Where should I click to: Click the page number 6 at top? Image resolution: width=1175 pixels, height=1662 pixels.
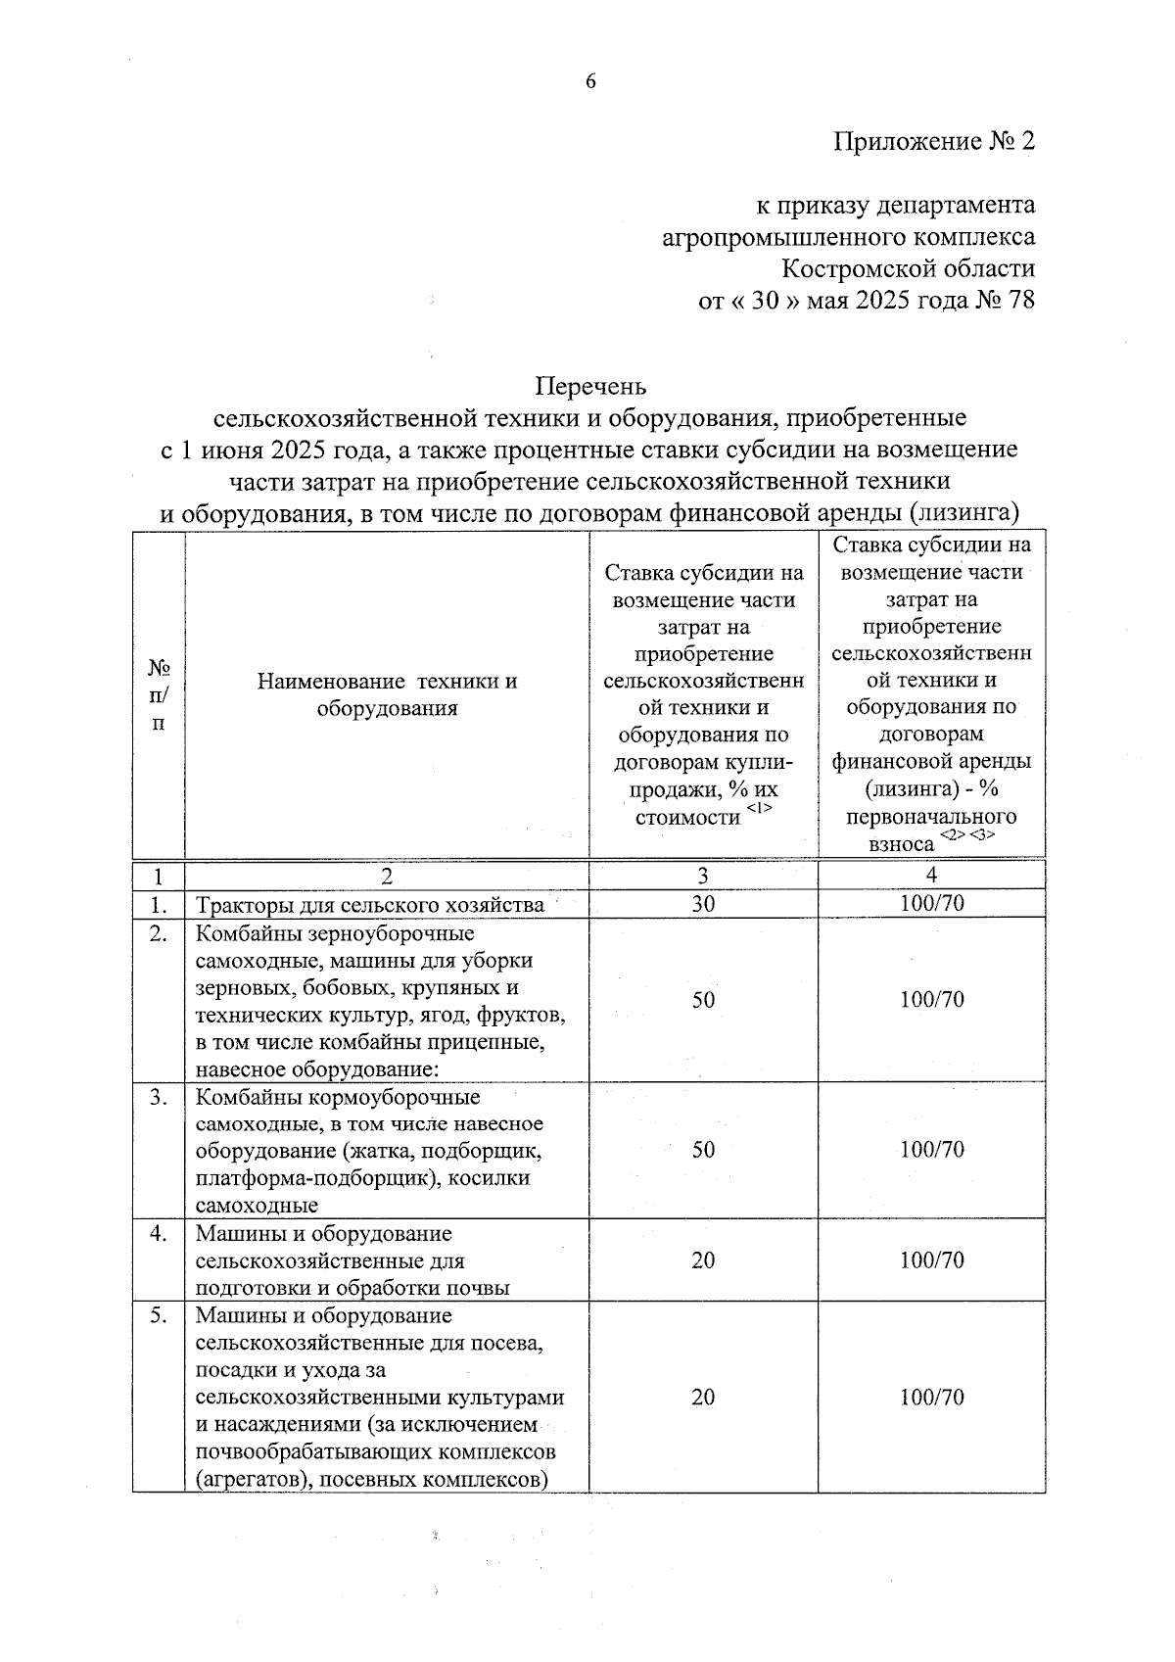click(x=590, y=81)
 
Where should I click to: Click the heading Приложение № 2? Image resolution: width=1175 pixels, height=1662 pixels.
click(x=933, y=141)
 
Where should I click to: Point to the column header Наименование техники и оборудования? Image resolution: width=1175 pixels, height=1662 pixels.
click(x=387, y=694)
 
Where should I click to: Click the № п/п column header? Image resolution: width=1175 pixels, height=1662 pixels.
click(x=159, y=694)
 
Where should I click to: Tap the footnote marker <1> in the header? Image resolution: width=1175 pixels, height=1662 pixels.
click(x=759, y=807)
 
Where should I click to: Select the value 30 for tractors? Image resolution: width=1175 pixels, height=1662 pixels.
click(x=703, y=904)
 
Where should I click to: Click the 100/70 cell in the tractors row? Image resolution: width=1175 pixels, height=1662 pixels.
click(x=931, y=903)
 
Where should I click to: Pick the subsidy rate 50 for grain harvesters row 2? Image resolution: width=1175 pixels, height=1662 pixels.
click(x=703, y=999)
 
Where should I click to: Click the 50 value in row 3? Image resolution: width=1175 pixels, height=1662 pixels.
click(x=703, y=1149)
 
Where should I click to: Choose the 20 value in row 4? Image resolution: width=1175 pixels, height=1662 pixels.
click(x=703, y=1259)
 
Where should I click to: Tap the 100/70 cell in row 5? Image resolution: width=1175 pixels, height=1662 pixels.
click(x=931, y=1397)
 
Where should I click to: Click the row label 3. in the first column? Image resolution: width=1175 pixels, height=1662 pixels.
click(x=158, y=1097)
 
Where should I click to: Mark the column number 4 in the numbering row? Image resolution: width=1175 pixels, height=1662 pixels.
click(x=931, y=875)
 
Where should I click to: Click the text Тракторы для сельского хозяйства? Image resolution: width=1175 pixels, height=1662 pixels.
click(x=370, y=905)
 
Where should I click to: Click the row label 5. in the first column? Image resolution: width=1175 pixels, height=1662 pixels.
click(x=158, y=1315)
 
